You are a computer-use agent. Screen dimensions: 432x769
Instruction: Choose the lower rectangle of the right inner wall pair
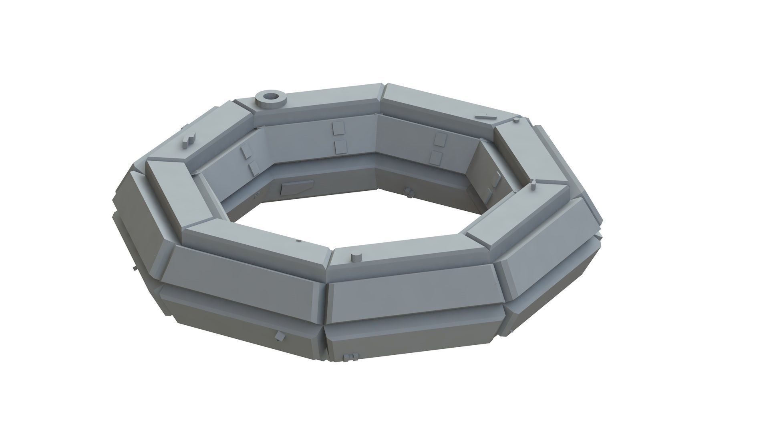pyautogui.click(x=437, y=158)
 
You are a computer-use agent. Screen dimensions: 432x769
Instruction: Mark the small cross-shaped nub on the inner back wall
pyautogui.click(x=408, y=192)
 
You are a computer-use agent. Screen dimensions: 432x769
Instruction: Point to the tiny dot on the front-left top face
pyautogui.click(x=298, y=241)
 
